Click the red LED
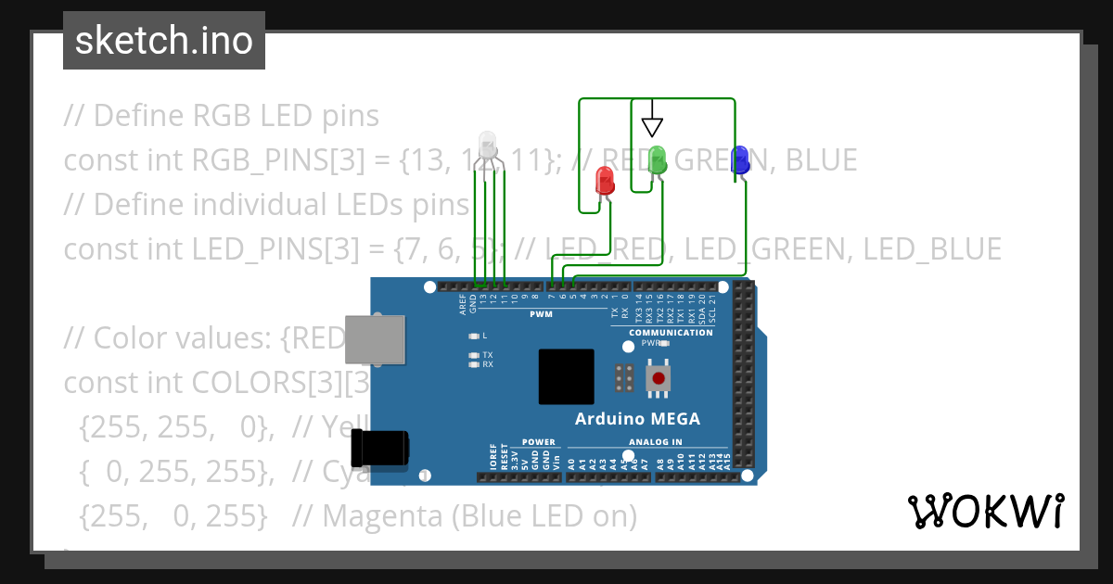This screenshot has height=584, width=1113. [x=605, y=180]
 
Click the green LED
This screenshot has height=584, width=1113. [x=658, y=159]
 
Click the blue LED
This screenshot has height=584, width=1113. [x=739, y=159]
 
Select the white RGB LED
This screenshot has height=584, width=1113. [x=488, y=145]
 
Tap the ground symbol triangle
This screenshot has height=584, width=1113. [x=652, y=126]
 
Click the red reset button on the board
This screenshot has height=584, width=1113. [x=659, y=378]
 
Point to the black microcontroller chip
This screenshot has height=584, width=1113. [x=566, y=376]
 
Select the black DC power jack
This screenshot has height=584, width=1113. [x=379, y=448]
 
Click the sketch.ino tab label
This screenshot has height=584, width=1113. [x=163, y=41]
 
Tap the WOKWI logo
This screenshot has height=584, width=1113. [x=985, y=511]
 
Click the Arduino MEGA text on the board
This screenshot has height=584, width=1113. [x=637, y=418]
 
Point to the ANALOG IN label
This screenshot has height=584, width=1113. [x=655, y=442]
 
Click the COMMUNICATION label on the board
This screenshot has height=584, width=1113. [x=671, y=332]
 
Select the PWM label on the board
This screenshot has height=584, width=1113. [x=541, y=314]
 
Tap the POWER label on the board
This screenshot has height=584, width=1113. [x=538, y=442]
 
